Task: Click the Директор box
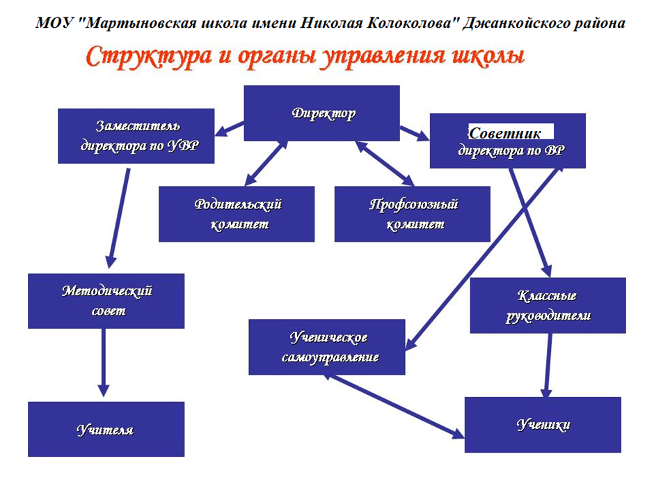pyautogui.click(x=321, y=113)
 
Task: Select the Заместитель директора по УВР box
pyautogui.click(x=136, y=136)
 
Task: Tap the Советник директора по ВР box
pyautogui.click(x=508, y=141)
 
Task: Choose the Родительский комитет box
pyautogui.click(x=237, y=215)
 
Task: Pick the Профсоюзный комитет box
pyautogui.click(x=412, y=215)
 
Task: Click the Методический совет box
pyautogui.click(x=106, y=301)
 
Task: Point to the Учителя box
pyautogui.click(x=106, y=429)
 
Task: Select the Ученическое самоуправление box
pyautogui.click(x=326, y=347)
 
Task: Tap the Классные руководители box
pyautogui.click(x=548, y=306)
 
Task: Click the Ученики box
pyautogui.click(x=543, y=425)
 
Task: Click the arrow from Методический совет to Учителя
pyautogui.click(x=104, y=362)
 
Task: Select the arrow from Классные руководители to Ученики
pyautogui.click(x=548, y=366)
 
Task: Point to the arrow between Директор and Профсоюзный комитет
pyautogui.click(x=385, y=163)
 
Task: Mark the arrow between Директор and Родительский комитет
pyautogui.click(x=266, y=163)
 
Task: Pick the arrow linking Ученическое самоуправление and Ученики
pyautogui.click(x=394, y=406)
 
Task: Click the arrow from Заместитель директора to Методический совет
pyautogui.click(x=119, y=218)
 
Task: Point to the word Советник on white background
pyautogui.click(x=505, y=133)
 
